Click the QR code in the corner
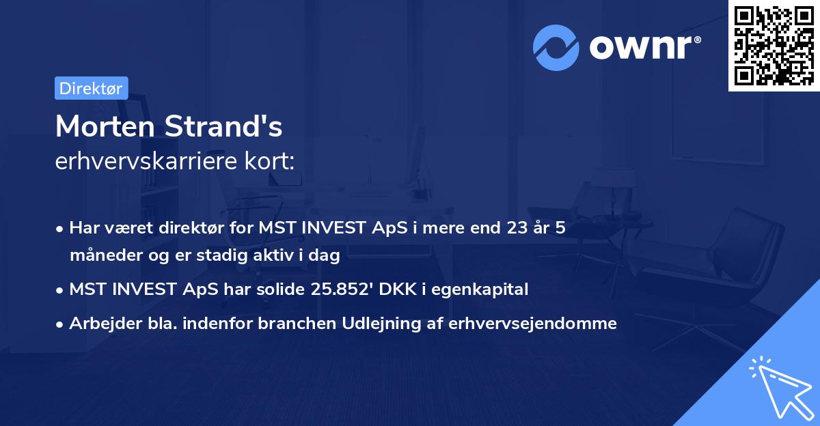coord(773,45)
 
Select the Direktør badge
coord(91,88)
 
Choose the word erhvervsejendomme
coord(532,324)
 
